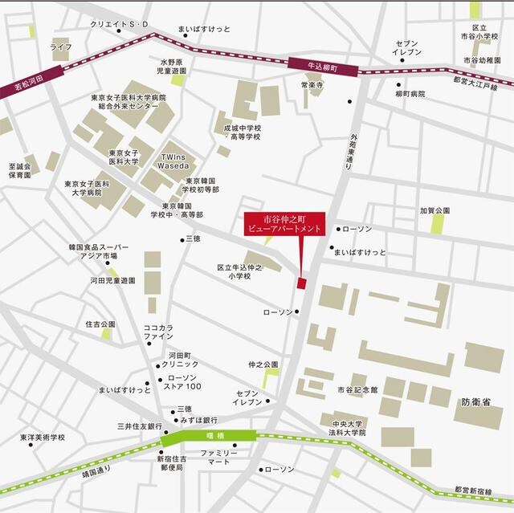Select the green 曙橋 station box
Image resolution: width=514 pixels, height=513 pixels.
[x=210, y=438]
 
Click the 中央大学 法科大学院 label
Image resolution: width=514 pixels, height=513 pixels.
[x=347, y=428]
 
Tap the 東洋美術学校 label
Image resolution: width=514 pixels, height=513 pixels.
[x=43, y=438]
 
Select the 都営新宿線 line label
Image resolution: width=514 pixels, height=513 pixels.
[x=474, y=490]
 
